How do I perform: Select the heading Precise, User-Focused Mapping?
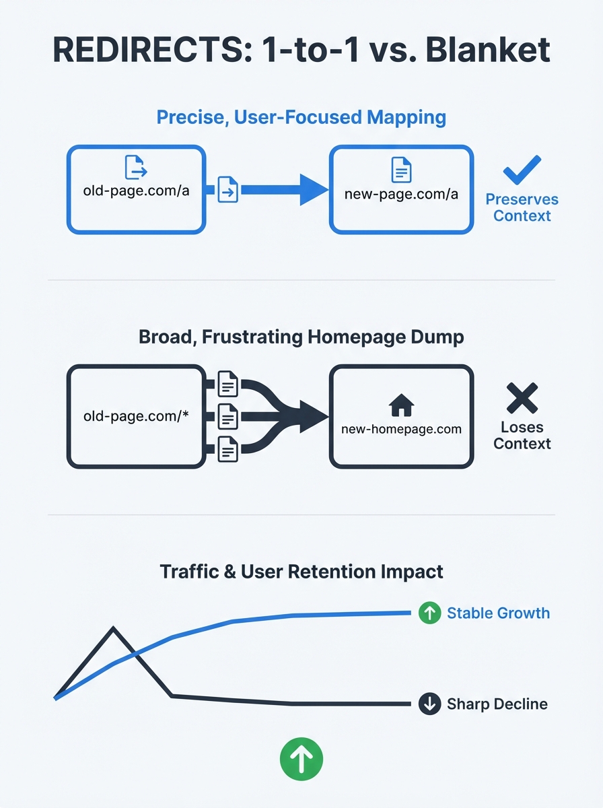[301, 118]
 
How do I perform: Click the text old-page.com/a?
[136, 191]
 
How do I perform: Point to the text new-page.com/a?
[401, 195]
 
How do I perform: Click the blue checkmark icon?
[522, 169]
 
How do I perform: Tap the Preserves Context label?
[522, 207]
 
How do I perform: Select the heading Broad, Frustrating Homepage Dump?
[301, 337]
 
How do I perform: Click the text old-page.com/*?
[136, 416]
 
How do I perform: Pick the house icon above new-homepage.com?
[402, 405]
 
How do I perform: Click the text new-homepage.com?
[402, 429]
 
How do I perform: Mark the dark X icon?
[522, 398]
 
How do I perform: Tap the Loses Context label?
[522, 435]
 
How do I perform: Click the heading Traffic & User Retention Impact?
[301, 572]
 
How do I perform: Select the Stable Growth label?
[498, 613]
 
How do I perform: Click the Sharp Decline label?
[497, 704]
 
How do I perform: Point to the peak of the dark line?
[114, 628]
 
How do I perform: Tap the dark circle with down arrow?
[429, 704]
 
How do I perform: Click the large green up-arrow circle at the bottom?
[301, 759]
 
